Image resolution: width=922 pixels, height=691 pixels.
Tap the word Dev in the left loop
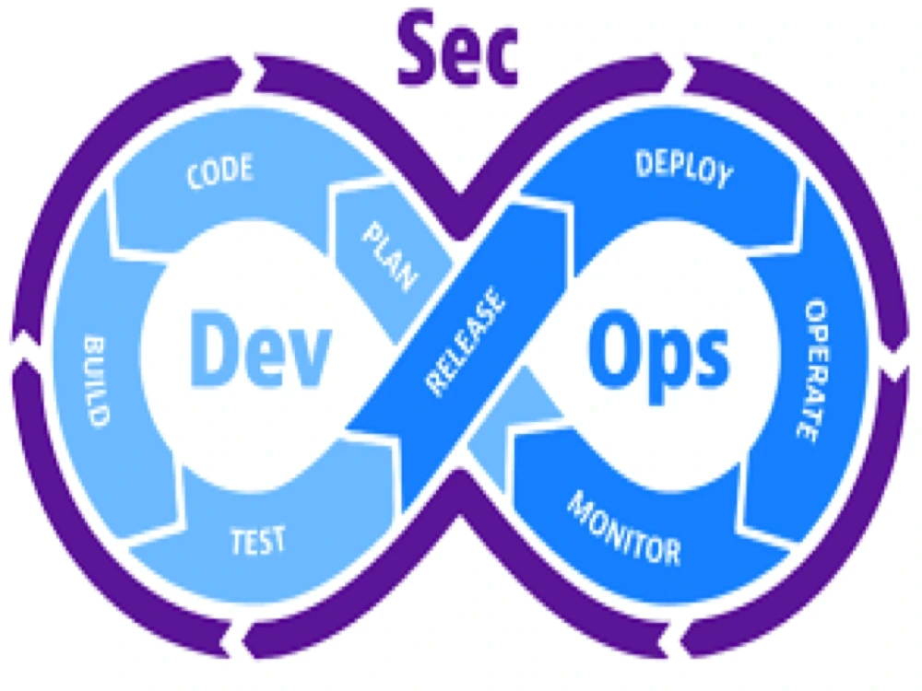pos(260,350)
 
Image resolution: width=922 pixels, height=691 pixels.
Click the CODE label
pos(219,173)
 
